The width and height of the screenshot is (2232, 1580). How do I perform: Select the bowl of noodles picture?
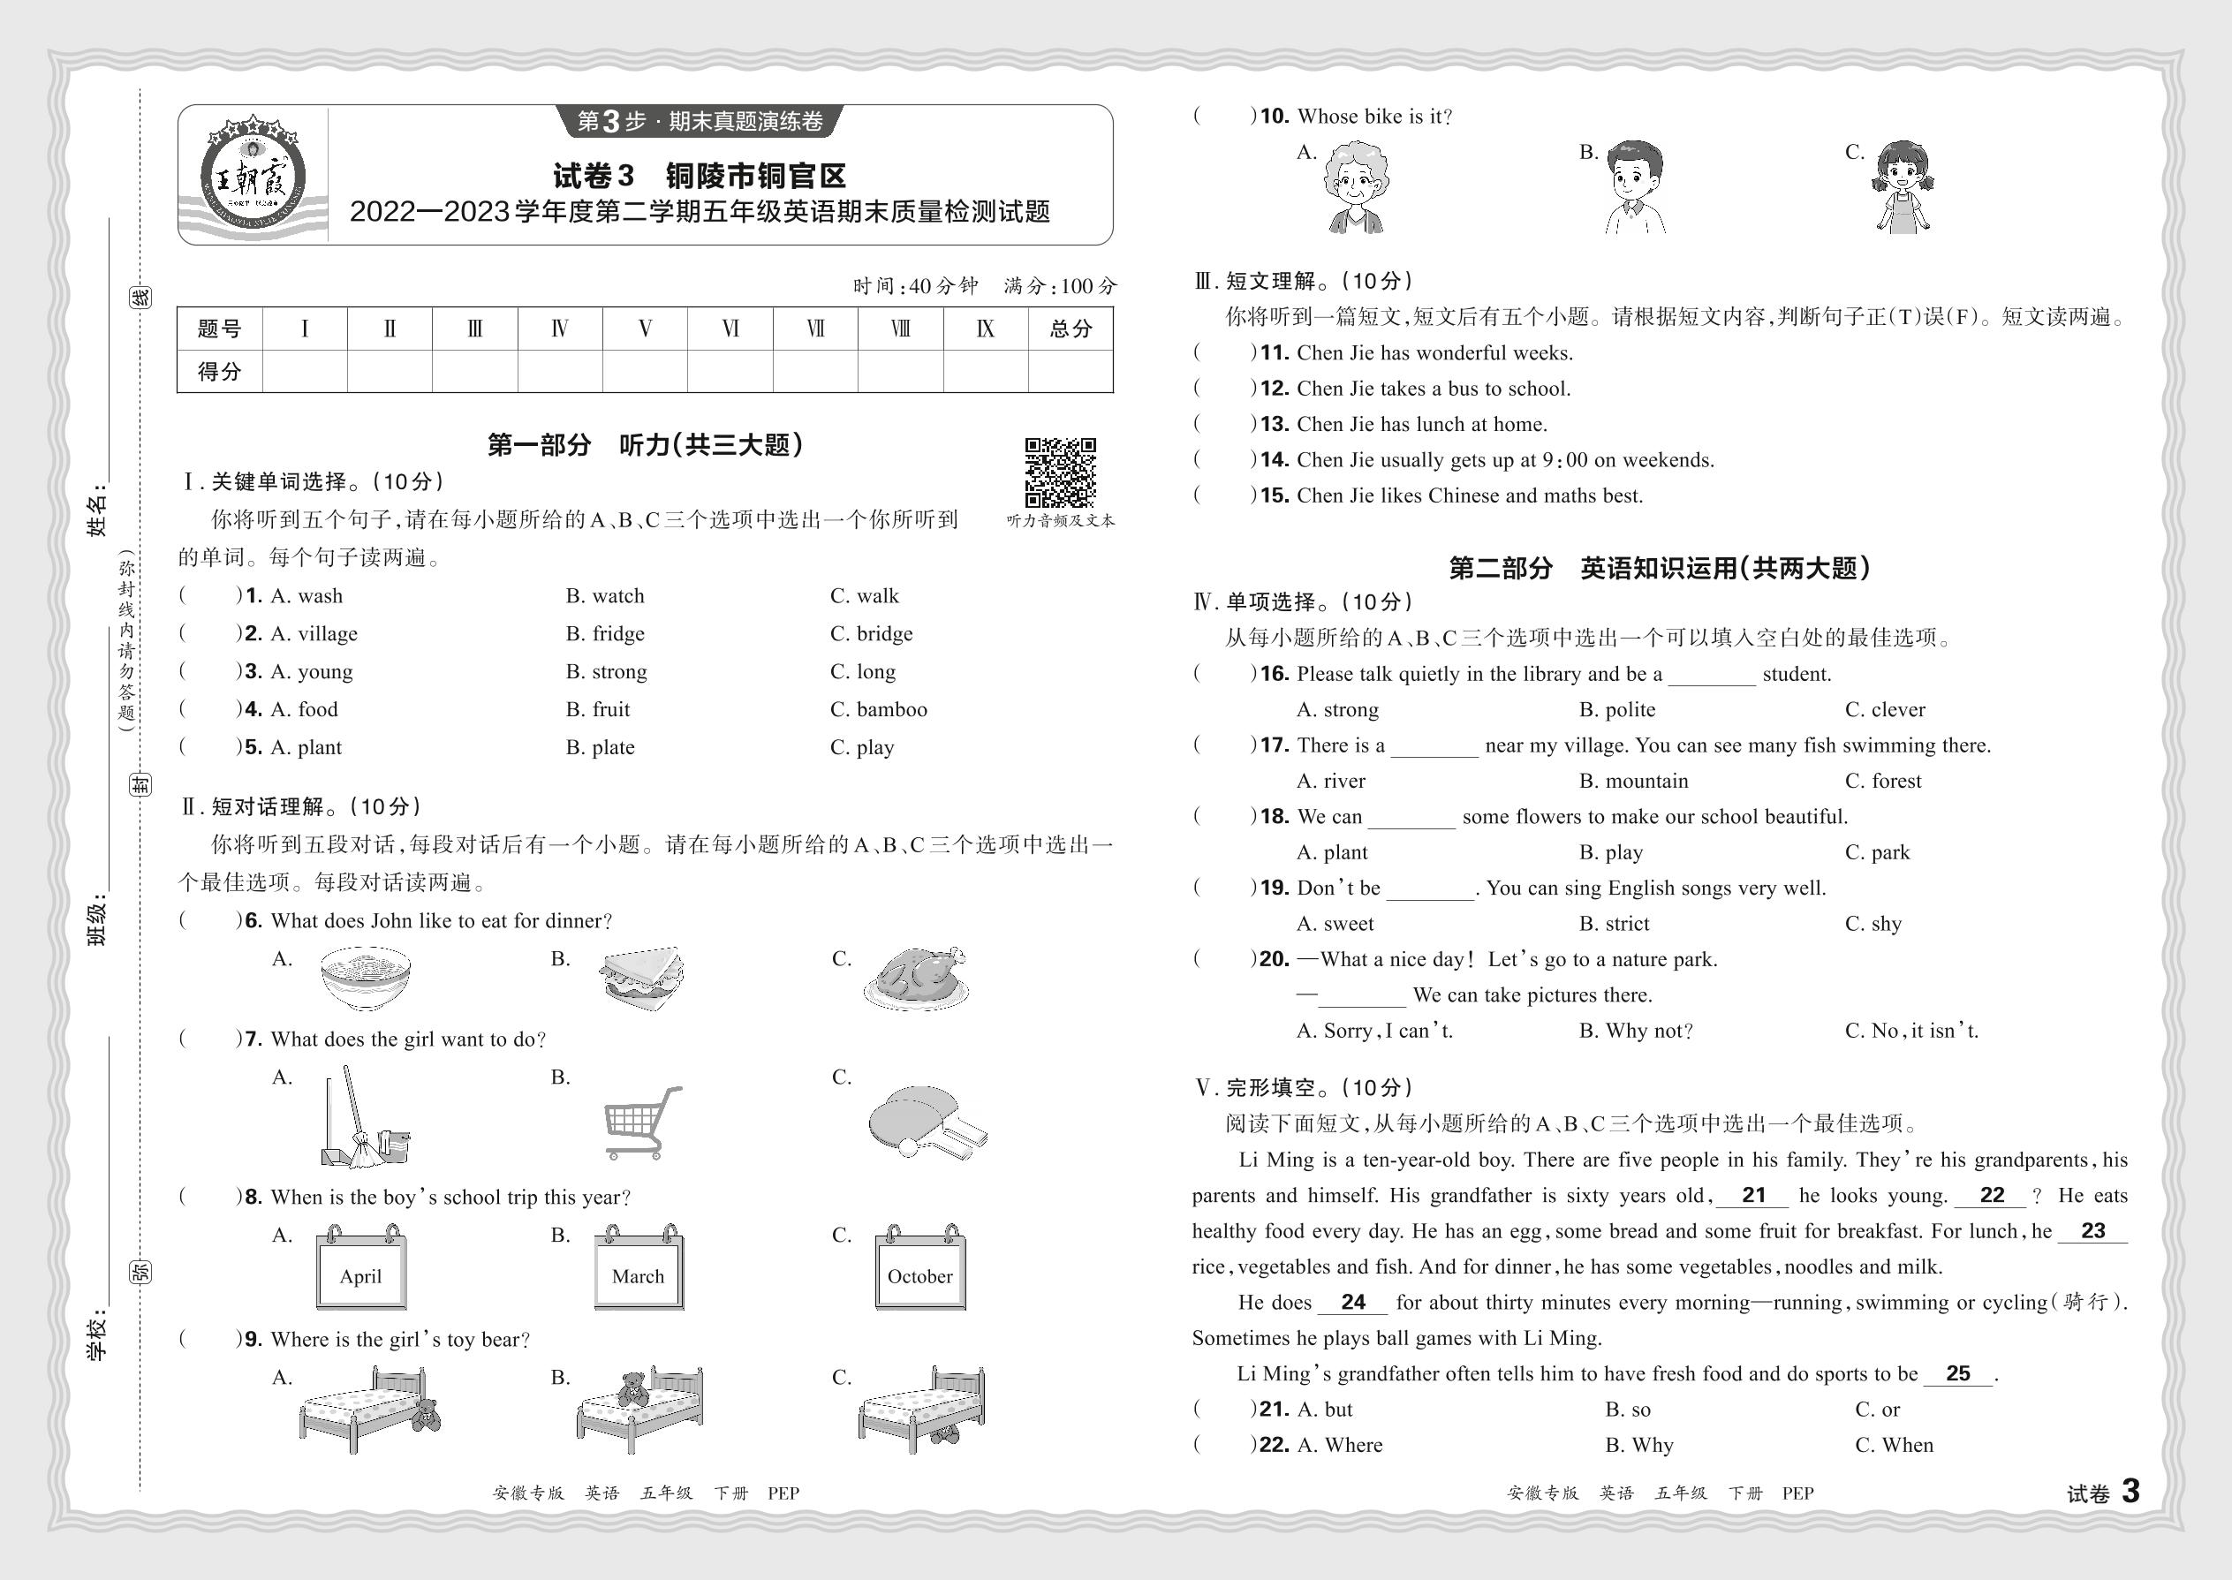coord(365,978)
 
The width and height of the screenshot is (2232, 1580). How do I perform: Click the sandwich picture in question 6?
coord(642,977)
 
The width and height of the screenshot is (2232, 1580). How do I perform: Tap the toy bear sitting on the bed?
coord(633,1389)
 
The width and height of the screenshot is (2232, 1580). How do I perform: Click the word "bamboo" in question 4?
coord(891,709)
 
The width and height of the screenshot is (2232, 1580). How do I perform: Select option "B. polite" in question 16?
coord(1616,709)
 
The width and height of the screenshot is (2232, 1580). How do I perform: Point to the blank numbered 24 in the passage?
coord(1352,1303)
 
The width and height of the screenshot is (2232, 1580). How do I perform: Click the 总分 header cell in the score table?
coord(1071,329)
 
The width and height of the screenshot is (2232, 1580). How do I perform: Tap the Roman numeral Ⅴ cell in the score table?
coord(644,329)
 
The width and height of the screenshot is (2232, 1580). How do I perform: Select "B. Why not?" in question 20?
coord(1636,1031)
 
